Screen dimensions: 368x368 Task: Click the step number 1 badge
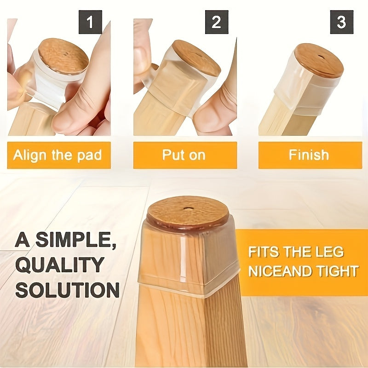coord(90,22)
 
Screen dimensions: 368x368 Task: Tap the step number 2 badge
coord(217,22)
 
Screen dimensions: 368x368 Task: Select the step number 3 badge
coord(341,22)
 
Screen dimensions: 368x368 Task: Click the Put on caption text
coord(184,155)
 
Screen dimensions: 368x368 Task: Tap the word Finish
coord(309,155)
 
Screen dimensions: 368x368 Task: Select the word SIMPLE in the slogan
coord(75,239)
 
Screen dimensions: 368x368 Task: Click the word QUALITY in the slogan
coord(60,265)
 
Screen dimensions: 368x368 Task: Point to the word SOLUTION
coord(68,290)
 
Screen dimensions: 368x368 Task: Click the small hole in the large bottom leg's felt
coord(188,208)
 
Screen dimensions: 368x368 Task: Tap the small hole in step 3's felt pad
coord(320,57)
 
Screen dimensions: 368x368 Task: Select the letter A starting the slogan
coord(23,239)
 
